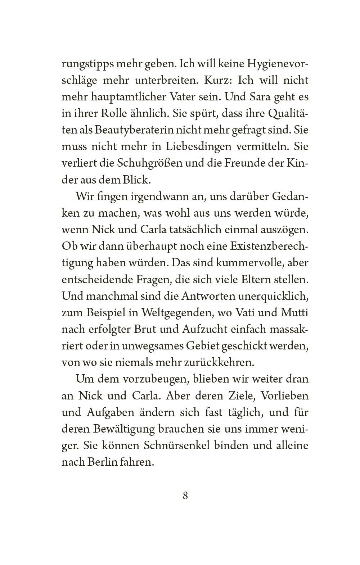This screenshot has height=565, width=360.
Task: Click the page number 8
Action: click(x=185, y=496)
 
